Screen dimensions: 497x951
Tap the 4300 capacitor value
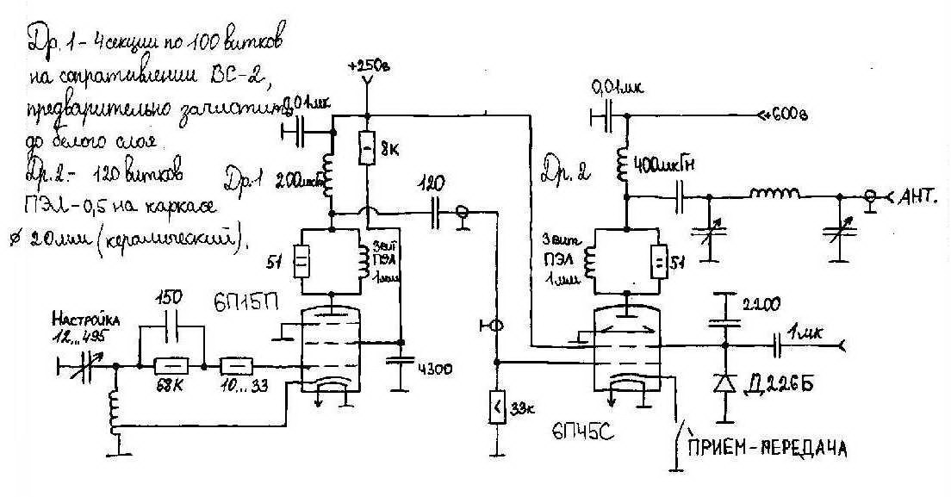coord(434,369)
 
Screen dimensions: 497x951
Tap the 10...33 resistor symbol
coord(236,366)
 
